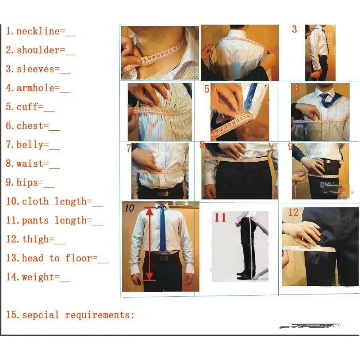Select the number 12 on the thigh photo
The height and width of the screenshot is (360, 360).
(293, 212)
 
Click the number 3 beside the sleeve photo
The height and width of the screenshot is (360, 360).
(294, 29)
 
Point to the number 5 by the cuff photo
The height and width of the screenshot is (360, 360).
(207, 89)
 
